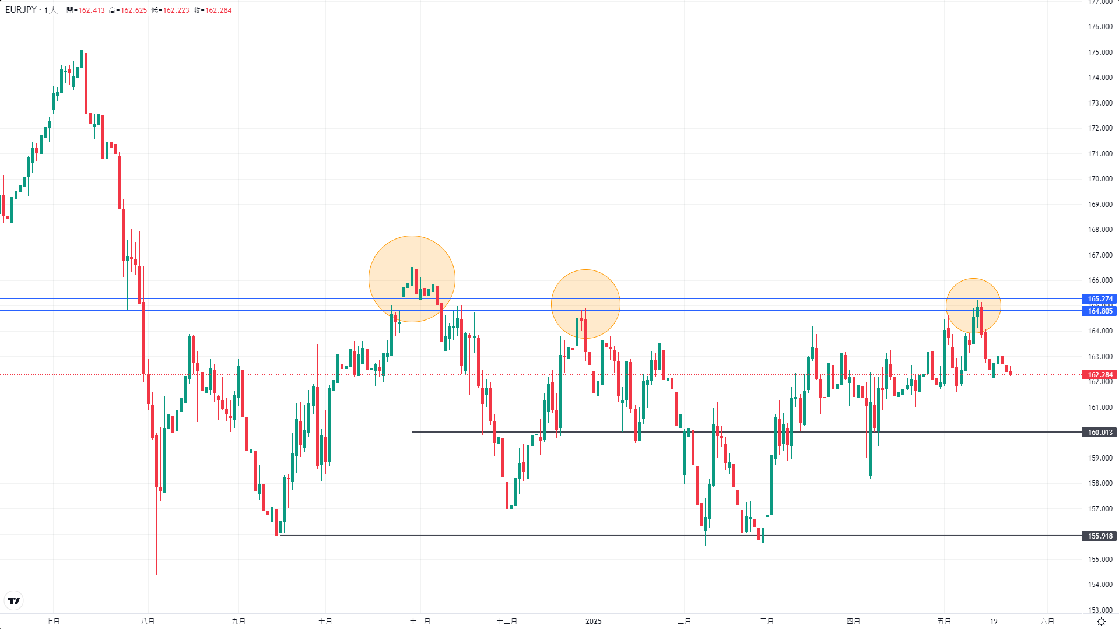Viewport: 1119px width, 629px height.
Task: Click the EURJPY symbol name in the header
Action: pyautogui.click(x=21, y=10)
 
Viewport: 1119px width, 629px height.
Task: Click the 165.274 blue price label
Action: pyautogui.click(x=1100, y=299)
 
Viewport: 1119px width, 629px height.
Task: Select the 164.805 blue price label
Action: pyautogui.click(x=1100, y=311)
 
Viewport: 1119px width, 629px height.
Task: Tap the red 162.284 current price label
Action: pyautogui.click(x=1100, y=375)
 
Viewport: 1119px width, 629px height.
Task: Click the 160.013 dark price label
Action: pyautogui.click(x=1100, y=433)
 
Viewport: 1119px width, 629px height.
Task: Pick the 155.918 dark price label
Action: pyautogui.click(x=1100, y=536)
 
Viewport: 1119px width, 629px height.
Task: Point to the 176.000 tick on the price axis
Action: pyautogui.click(x=1100, y=27)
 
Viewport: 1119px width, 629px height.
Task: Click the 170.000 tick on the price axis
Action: pyautogui.click(x=1100, y=179)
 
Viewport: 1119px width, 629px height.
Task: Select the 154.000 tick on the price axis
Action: pyautogui.click(x=1100, y=585)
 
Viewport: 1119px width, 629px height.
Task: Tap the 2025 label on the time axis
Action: pyautogui.click(x=593, y=621)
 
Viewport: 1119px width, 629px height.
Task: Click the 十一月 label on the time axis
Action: pyautogui.click(x=420, y=621)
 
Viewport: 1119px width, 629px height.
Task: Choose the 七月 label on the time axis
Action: pyautogui.click(x=53, y=621)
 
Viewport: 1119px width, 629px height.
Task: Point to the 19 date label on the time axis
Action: pyautogui.click(x=994, y=621)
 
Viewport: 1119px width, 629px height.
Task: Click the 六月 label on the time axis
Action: pyautogui.click(x=1047, y=621)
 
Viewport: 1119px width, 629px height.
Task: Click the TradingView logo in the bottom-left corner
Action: pyautogui.click(x=14, y=600)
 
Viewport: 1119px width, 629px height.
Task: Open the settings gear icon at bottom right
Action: pyautogui.click(x=1101, y=621)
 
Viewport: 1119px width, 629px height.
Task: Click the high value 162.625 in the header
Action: pyautogui.click(x=134, y=10)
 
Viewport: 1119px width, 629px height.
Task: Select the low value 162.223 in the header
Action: pyautogui.click(x=176, y=10)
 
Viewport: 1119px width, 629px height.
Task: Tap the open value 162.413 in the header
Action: pyautogui.click(x=92, y=10)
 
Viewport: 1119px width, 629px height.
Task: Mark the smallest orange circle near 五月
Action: pyautogui.click(x=973, y=306)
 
